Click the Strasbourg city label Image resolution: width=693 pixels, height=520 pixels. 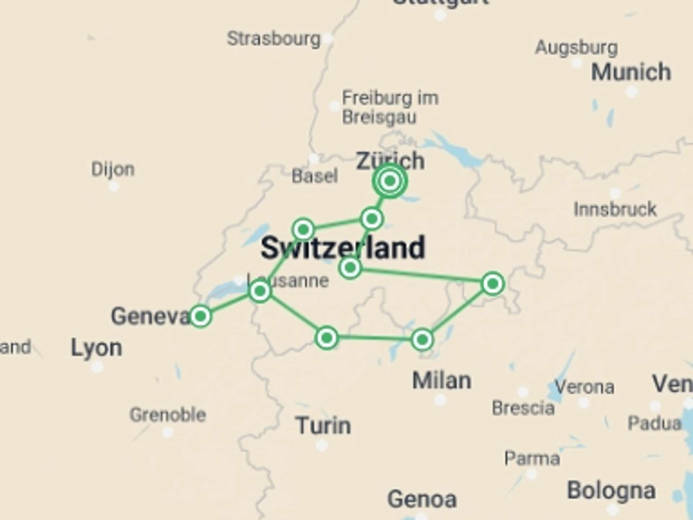[x=274, y=39]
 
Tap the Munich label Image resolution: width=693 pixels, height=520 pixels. [x=631, y=72]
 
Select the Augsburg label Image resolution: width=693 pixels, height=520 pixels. [x=576, y=48]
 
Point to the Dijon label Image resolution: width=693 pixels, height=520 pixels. [x=113, y=169]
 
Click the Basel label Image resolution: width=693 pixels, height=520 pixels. [x=315, y=177]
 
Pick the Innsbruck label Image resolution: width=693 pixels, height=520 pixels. [x=615, y=209]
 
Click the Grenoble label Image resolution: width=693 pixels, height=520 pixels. [x=168, y=415]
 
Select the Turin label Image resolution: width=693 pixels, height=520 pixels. [x=323, y=426]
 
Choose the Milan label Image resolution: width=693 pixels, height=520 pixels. [x=442, y=381]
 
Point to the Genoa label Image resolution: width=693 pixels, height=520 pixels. [x=422, y=499]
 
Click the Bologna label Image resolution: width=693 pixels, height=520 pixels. [x=611, y=491]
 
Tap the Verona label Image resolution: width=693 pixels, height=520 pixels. [x=584, y=387]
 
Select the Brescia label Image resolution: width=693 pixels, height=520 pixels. [x=523, y=408]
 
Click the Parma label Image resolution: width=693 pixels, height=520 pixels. [x=532, y=459]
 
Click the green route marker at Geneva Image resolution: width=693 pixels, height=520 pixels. [x=200, y=316]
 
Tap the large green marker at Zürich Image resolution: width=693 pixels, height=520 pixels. [x=390, y=181]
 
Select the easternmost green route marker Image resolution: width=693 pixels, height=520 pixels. [x=493, y=284]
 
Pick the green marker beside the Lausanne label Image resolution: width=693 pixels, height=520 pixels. [x=260, y=291]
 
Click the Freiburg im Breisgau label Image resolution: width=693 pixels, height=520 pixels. [x=390, y=108]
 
